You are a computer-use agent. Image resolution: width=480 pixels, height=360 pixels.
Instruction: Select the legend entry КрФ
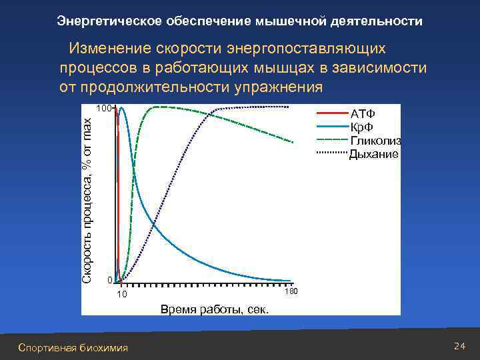362,127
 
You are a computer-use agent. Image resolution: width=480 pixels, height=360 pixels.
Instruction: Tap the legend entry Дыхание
374,154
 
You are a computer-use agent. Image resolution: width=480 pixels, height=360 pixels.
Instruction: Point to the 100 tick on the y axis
101,108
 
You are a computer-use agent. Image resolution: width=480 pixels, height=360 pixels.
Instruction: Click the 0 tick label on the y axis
110,280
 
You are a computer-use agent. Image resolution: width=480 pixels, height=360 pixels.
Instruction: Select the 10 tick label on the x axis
121,295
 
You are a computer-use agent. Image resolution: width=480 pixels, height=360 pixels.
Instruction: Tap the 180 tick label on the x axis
291,292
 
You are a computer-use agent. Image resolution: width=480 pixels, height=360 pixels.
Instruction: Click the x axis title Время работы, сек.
215,309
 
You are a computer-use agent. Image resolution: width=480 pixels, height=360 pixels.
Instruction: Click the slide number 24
458,346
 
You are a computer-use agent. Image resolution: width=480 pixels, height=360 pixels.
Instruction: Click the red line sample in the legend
331,114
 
